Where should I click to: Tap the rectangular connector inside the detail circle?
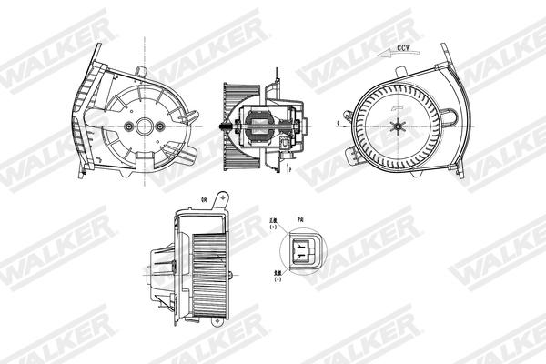pos(301,248)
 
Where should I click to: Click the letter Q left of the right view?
pos(338,120)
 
